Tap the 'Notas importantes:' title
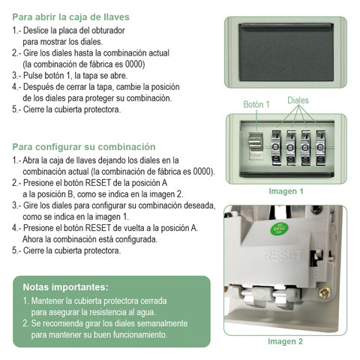tap(65, 286)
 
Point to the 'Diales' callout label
tap(298, 100)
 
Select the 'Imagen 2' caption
tap(285, 341)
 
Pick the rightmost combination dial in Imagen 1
tap(322, 145)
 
